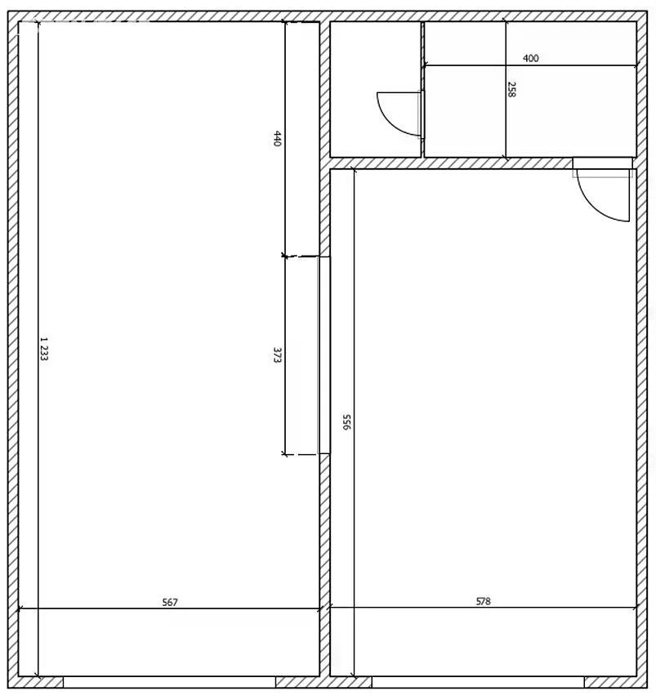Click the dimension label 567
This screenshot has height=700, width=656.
pyautogui.click(x=170, y=602)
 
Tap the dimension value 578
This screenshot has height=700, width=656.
pyautogui.click(x=483, y=601)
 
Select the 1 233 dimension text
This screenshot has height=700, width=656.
pyautogui.click(x=44, y=349)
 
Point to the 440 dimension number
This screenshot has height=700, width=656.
pyautogui.click(x=277, y=138)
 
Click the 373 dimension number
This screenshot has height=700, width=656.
pyautogui.click(x=277, y=355)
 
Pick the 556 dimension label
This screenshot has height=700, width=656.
pyautogui.click(x=346, y=421)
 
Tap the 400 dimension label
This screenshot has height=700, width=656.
pyautogui.click(x=530, y=58)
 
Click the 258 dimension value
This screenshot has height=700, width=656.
pyautogui.click(x=511, y=89)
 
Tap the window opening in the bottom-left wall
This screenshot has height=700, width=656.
pyautogui.click(x=169, y=682)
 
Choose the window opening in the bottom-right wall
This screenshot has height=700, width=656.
pyautogui.click(x=478, y=682)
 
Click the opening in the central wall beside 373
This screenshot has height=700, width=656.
pyautogui.click(x=324, y=355)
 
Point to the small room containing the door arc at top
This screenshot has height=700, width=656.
pyautogui.click(x=375, y=89)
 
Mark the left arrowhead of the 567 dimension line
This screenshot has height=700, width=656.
pyautogui.click(x=19, y=609)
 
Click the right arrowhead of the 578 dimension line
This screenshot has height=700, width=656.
pyautogui.click(x=636, y=608)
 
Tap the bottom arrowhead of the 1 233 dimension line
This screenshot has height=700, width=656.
pyautogui.click(x=38, y=675)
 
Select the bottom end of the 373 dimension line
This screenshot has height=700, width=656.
pyautogui.click(x=284, y=454)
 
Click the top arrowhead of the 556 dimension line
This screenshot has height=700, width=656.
pyautogui.click(x=354, y=170)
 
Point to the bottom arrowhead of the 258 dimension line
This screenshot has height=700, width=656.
pyautogui.click(x=506, y=157)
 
